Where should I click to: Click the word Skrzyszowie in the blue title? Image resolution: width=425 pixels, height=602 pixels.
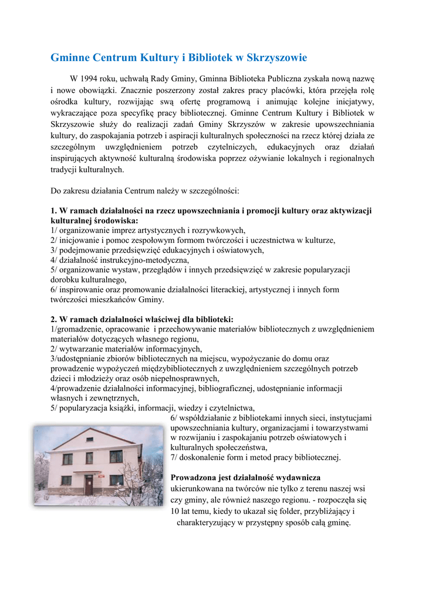pyautogui.click(x=271, y=58)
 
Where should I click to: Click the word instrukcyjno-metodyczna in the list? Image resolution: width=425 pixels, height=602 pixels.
pyautogui.click(x=149, y=260)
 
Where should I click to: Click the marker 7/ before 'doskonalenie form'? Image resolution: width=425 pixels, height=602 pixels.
pyautogui.click(x=174, y=457)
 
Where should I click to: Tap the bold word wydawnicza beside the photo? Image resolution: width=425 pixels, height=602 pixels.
pyautogui.click(x=298, y=477)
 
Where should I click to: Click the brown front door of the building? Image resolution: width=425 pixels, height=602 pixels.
pyautogui.click(x=89, y=484)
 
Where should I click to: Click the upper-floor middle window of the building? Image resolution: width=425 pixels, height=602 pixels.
pyautogui.click(x=89, y=457)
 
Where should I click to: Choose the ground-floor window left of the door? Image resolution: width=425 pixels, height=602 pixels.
pyautogui.click(x=66, y=481)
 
